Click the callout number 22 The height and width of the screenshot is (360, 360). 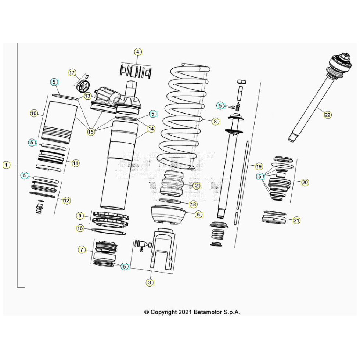click(327, 115)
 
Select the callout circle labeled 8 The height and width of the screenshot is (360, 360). click(215, 121)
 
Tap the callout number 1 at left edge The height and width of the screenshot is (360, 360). click(6, 165)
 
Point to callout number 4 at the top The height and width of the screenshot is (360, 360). click(137, 52)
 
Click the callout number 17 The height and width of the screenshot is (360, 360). click(72, 72)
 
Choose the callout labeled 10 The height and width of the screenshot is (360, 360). click(34, 114)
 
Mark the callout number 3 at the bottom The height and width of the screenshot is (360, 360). click(149, 282)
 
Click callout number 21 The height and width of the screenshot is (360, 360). click(296, 220)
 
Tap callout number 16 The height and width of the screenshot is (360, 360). click(80, 228)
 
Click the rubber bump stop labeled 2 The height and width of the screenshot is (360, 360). click(173, 183)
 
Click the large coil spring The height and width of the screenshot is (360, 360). click(184, 118)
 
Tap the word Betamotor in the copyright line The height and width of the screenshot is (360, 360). click(208, 312)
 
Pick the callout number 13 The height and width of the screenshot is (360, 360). click(87, 96)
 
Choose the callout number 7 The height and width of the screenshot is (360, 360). click(82, 250)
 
